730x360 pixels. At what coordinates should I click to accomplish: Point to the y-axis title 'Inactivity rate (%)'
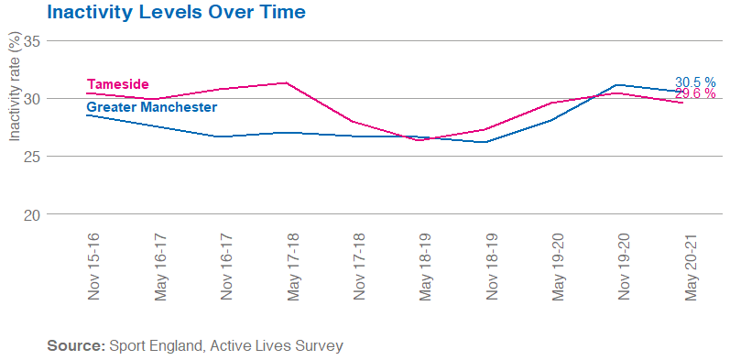14,89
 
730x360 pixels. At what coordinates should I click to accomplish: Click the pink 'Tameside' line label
117,84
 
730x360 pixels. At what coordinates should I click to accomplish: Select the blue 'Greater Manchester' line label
151,107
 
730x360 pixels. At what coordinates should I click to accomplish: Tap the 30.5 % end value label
695,82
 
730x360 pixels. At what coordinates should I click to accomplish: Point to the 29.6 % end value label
695,94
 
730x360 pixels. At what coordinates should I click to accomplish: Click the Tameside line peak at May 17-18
287,82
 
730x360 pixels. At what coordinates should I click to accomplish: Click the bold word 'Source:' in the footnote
76,346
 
